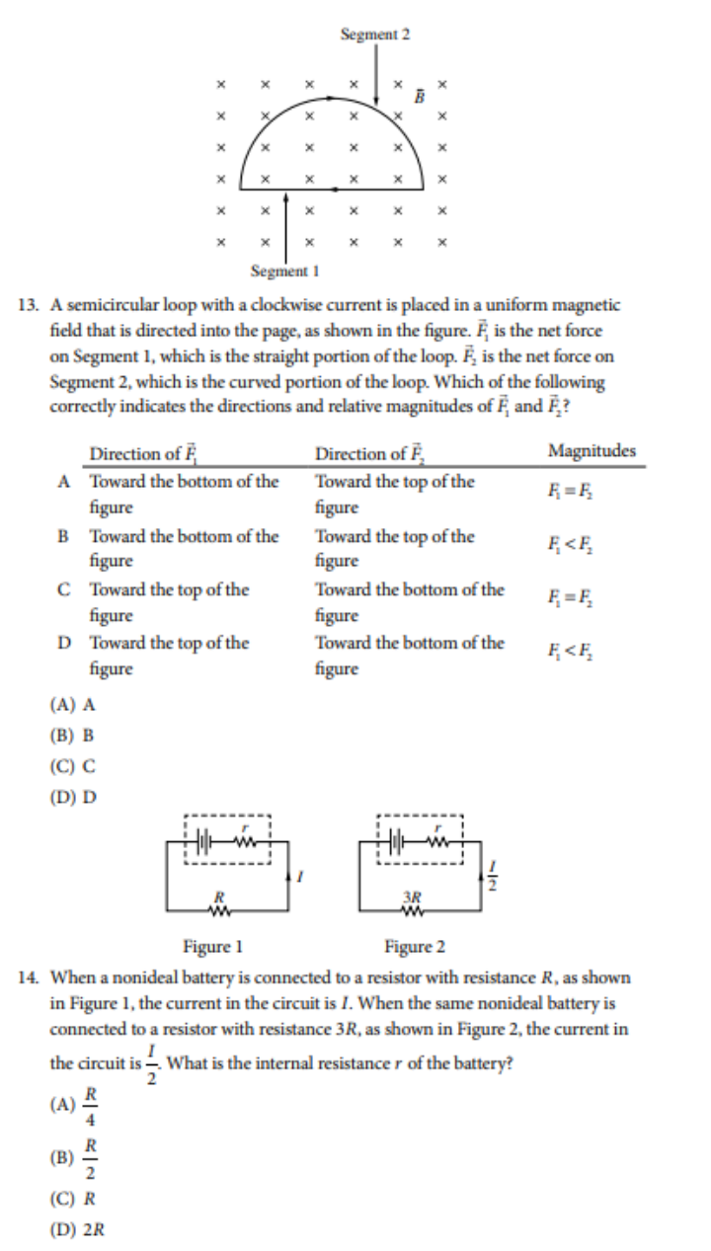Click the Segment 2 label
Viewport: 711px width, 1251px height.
(x=374, y=35)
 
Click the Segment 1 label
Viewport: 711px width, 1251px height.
(x=284, y=270)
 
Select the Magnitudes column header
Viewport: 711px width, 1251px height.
(x=592, y=451)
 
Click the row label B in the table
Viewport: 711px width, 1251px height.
(x=63, y=536)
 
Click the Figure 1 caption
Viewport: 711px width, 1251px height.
(x=212, y=948)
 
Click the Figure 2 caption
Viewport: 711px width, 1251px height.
(x=415, y=948)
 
